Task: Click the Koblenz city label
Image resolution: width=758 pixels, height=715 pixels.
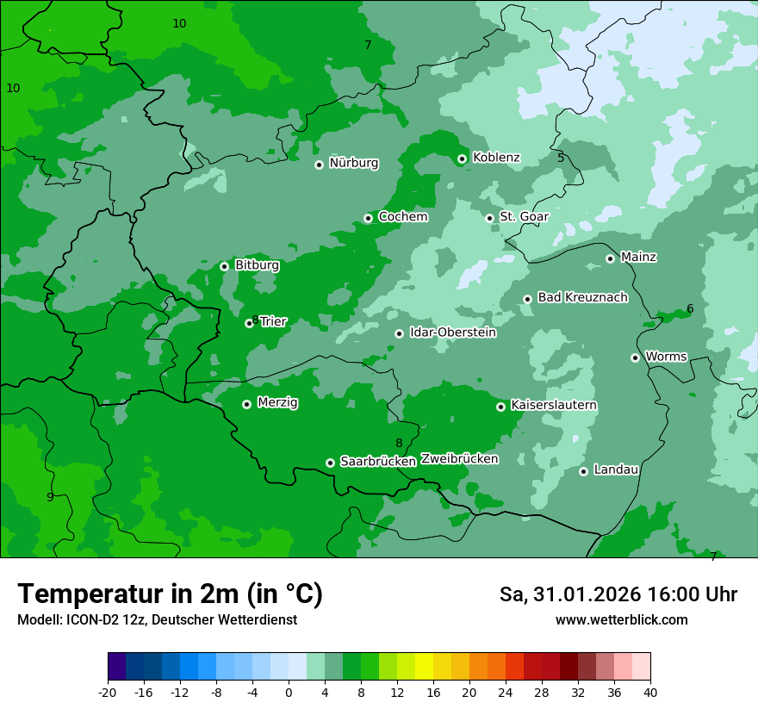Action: [x=496, y=158]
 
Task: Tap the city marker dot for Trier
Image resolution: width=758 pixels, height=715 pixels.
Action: [x=249, y=324]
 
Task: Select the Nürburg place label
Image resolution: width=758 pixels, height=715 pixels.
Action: [x=353, y=163]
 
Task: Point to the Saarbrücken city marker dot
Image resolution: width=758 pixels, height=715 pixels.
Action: [x=330, y=463]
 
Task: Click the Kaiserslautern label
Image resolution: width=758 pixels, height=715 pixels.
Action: [x=554, y=405]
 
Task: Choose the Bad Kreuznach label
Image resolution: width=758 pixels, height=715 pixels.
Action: [x=582, y=297]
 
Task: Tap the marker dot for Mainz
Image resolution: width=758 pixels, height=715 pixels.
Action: [x=610, y=258]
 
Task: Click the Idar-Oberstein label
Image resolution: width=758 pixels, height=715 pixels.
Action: [x=452, y=333]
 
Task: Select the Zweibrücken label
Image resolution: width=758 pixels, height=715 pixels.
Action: [x=459, y=459]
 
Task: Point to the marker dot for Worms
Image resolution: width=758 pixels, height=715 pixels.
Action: [x=635, y=357]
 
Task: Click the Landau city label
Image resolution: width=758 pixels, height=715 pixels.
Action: [x=616, y=469]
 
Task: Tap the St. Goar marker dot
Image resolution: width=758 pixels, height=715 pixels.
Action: [x=489, y=219]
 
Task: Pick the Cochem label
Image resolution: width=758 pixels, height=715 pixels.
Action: [x=402, y=217]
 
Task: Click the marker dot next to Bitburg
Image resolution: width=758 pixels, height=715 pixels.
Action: [x=224, y=266]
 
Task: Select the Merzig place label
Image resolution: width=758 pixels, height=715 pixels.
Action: [x=277, y=402]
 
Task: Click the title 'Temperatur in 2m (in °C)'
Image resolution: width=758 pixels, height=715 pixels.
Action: [x=170, y=594]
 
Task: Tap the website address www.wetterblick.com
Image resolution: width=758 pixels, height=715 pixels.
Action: [x=621, y=619]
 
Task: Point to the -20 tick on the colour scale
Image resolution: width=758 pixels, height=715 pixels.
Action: [x=108, y=692]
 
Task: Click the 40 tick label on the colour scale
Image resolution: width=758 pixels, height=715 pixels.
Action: [x=650, y=692]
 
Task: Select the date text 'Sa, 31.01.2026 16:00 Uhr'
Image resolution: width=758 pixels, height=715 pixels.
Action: [x=618, y=594]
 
